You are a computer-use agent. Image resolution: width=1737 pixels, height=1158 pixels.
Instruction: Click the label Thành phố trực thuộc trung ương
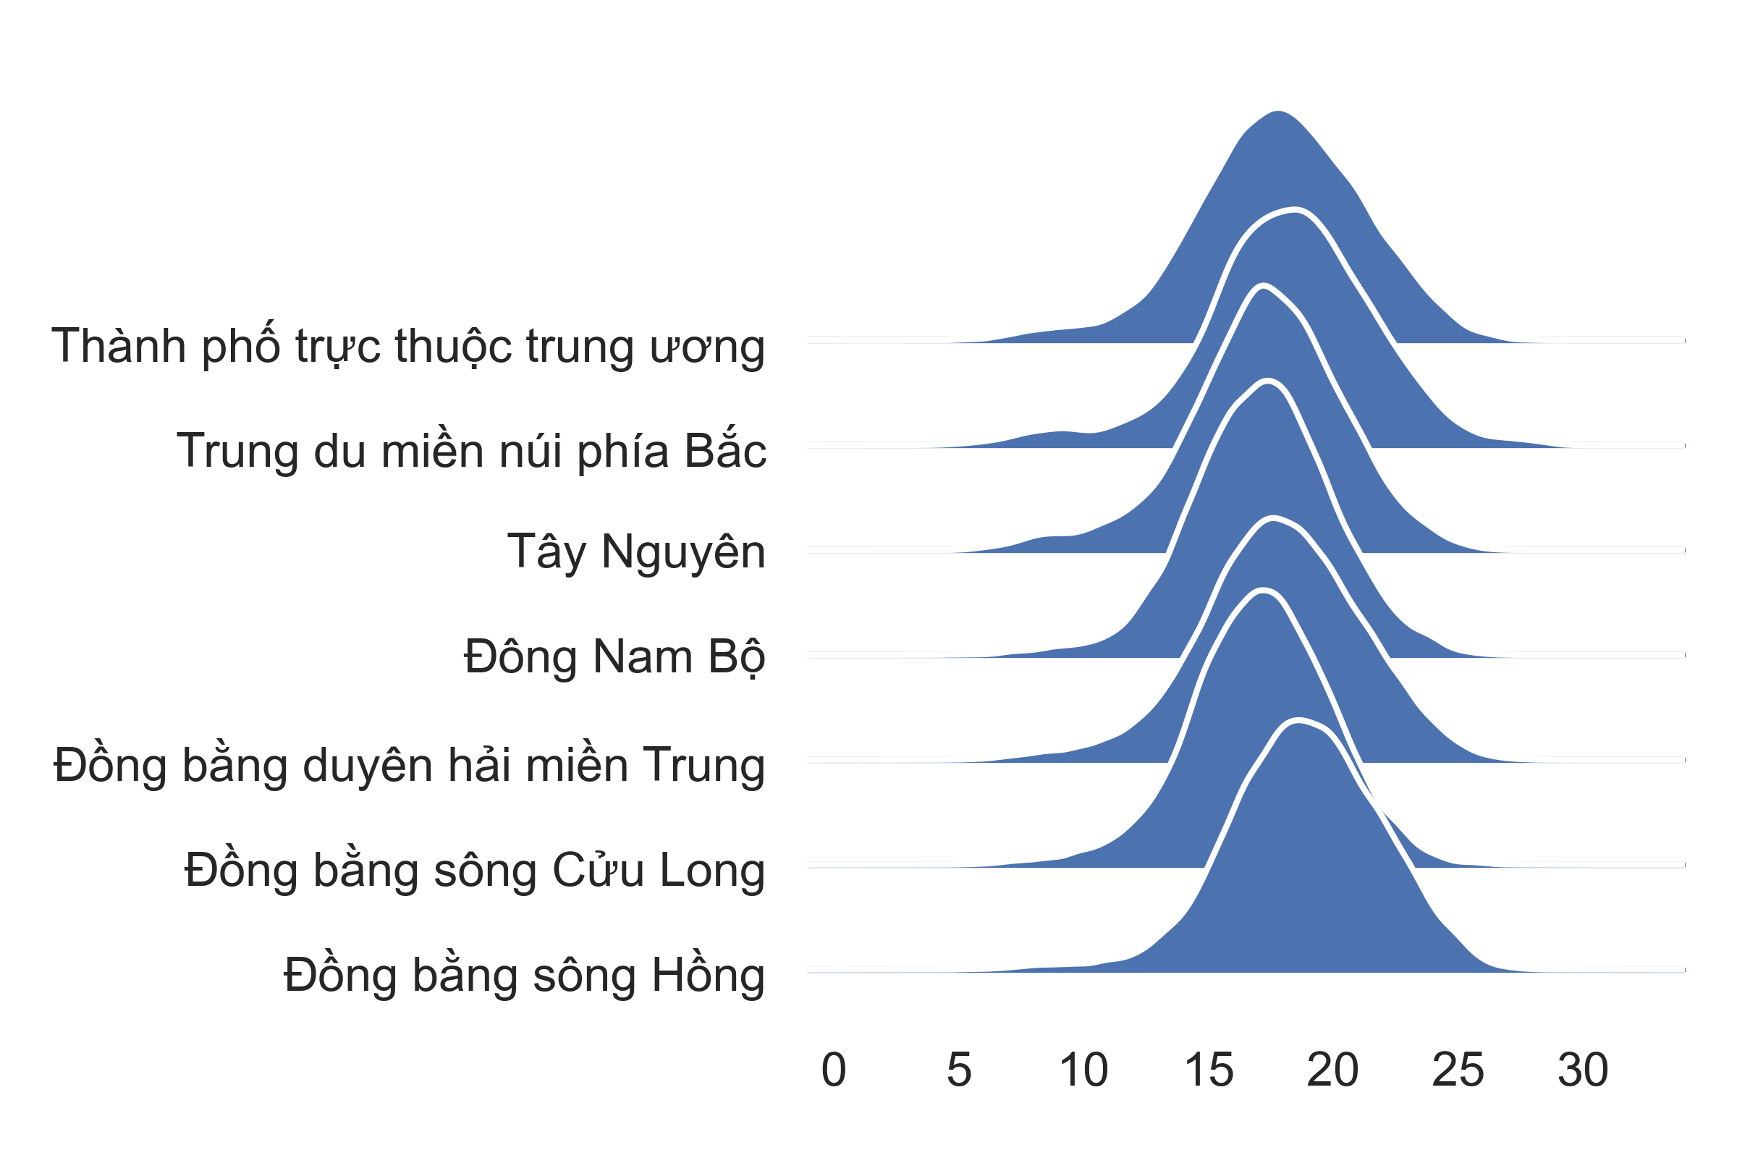click(407, 346)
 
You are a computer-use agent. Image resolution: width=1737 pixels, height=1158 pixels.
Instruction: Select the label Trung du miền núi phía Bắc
click(471, 449)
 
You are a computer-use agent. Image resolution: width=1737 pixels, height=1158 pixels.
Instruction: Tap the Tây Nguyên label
click(636, 551)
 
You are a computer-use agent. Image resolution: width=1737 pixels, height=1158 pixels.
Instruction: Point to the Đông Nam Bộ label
click(614, 656)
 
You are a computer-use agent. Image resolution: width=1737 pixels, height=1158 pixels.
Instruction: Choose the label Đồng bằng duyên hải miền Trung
click(409, 764)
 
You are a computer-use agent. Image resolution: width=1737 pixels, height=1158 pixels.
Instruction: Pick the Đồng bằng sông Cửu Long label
click(475, 868)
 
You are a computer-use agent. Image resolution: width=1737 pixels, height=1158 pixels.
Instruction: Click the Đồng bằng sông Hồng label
click(524, 973)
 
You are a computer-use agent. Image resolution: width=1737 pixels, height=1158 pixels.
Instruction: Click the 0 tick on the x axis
click(834, 1070)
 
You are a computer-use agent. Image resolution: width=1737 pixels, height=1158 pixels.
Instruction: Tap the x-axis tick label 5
click(958, 1070)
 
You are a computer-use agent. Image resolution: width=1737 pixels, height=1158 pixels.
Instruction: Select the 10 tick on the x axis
click(1083, 1070)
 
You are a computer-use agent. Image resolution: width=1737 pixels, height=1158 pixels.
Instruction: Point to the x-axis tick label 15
click(1209, 1070)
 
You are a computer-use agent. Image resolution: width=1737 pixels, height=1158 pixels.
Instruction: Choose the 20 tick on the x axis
click(1333, 1070)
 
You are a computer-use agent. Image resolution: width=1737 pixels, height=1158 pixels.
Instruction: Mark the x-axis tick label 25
click(1458, 1070)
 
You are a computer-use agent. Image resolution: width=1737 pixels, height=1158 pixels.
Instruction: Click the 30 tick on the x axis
click(1583, 1070)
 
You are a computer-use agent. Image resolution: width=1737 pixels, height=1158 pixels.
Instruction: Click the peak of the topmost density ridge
click(1277, 111)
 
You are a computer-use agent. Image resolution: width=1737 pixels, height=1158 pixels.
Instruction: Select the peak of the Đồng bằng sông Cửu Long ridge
click(1264, 589)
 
